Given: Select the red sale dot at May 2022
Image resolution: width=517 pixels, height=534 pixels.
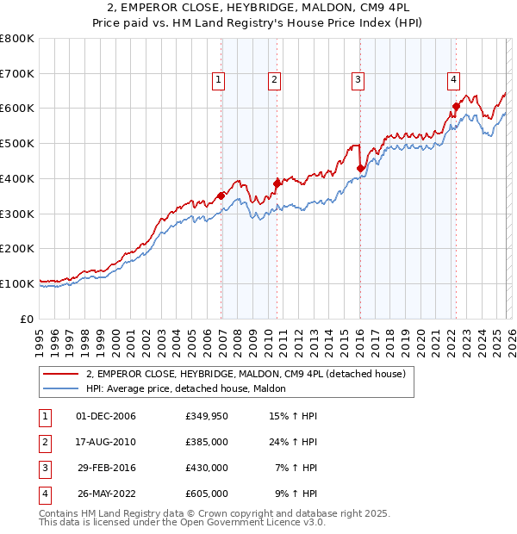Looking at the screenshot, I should pyautogui.click(x=456, y=107).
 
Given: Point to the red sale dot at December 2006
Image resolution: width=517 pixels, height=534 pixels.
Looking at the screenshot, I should pyautogui.click(x=221, y=196).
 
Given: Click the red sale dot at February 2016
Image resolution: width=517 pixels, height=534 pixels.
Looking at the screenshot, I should pyautogui.click(x=360, y=168).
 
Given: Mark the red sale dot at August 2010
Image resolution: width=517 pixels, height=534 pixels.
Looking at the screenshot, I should pyautogui.click(x=277, y=183).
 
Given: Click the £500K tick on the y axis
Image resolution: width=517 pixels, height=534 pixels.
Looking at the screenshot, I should pyautogui.click(x=17, y=144).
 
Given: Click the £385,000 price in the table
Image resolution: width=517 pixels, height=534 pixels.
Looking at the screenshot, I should pyautogui.click(x=206, y=442).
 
